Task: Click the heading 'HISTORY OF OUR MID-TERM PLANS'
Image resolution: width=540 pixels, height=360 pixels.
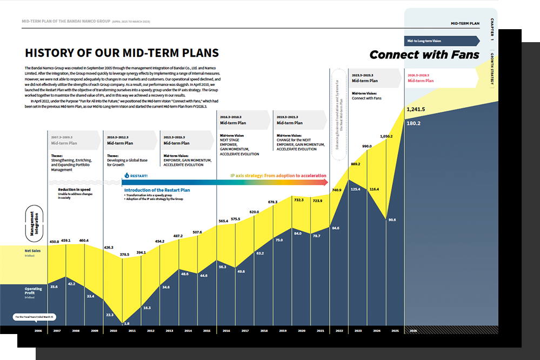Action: (x=122, y=53)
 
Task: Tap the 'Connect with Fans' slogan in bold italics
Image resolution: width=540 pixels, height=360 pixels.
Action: (x=424, y=55)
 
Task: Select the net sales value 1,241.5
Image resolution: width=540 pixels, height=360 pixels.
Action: (x=417, y=109)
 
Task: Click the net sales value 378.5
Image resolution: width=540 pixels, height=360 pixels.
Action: (x=124, y=254)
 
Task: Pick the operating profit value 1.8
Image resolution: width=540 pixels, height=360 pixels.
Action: (x=126, y=323)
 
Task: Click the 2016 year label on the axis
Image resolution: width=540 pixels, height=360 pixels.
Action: (x=225, y=330)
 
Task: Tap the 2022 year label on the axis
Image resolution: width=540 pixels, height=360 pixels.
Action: (x=338, y=330)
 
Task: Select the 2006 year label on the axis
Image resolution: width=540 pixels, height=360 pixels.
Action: (x=38, y=330)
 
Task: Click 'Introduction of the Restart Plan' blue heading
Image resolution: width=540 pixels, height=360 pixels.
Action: (x=157, y=190)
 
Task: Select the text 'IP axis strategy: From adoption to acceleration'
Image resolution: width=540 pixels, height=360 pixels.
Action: (x=278, y=176)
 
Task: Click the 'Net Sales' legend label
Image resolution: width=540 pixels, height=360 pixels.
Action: (x=32, y=251)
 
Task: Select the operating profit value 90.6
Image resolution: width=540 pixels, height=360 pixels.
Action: (x=392, y=220)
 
